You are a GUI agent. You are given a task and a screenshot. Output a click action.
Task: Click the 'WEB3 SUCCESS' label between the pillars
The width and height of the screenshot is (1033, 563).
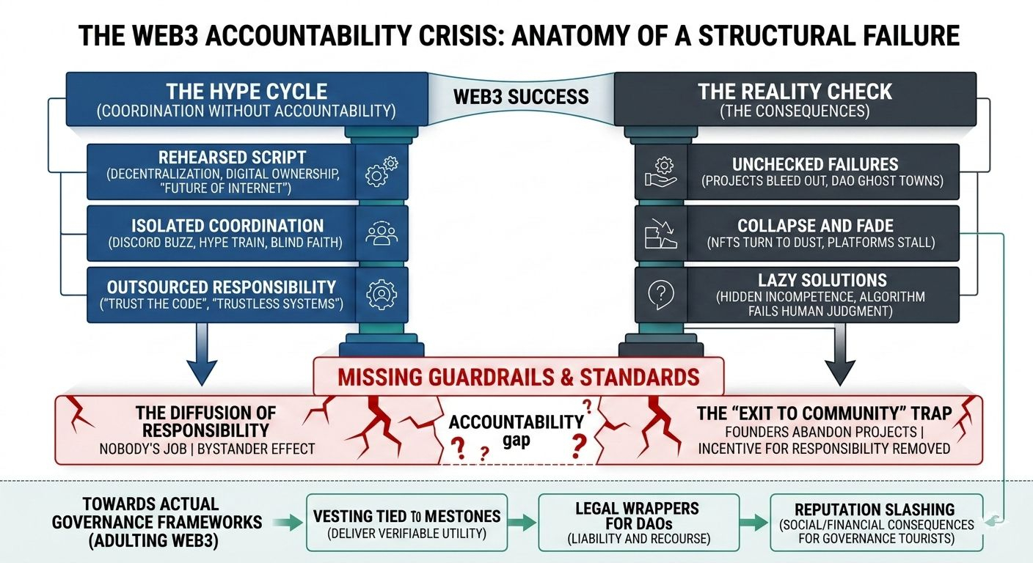tap(521, 96)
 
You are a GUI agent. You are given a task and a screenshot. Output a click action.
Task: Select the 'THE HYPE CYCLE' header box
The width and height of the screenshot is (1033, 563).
tap(247, 99)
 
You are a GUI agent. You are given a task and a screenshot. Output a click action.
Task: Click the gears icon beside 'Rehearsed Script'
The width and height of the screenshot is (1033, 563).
tap(382, 172)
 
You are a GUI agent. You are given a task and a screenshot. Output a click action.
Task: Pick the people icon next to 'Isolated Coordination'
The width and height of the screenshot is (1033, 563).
tap(382, 234)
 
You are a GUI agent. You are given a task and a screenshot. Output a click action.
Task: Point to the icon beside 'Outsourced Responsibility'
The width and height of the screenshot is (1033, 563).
tap(382, 294)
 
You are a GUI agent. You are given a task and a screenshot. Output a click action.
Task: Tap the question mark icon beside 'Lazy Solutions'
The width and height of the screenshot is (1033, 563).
tap(660, 294)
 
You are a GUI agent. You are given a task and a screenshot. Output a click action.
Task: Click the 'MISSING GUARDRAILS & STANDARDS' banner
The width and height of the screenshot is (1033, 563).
tap(518, 377)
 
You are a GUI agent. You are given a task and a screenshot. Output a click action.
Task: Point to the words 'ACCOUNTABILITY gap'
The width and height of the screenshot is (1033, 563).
tap(516, 430)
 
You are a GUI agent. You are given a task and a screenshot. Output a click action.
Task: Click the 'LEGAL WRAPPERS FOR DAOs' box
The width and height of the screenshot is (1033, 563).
tap(638, 523)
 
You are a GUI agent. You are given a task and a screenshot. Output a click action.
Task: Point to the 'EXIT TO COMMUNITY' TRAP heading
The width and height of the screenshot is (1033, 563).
tap(824, 413)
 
